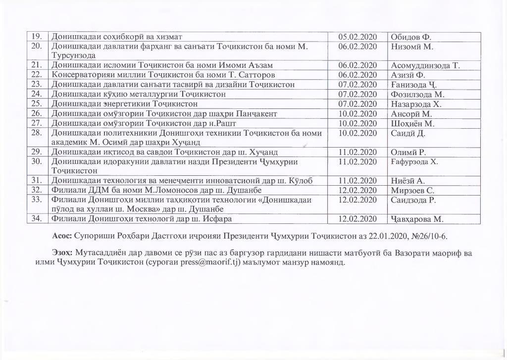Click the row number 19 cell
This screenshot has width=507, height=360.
click(37, 37)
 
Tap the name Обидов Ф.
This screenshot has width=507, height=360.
click(412, 37)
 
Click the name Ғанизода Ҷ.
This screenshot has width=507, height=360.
click(413, 84)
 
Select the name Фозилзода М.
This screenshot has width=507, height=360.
click(418, 94)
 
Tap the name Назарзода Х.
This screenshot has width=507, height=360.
click(416, 104)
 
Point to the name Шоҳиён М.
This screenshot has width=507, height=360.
click(412, 123)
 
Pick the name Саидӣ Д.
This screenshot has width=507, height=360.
click(408, 133)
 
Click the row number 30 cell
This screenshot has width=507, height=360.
click(37, 162)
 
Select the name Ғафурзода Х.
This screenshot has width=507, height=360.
click(415, 162)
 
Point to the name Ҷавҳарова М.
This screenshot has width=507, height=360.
click(417, 219)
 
